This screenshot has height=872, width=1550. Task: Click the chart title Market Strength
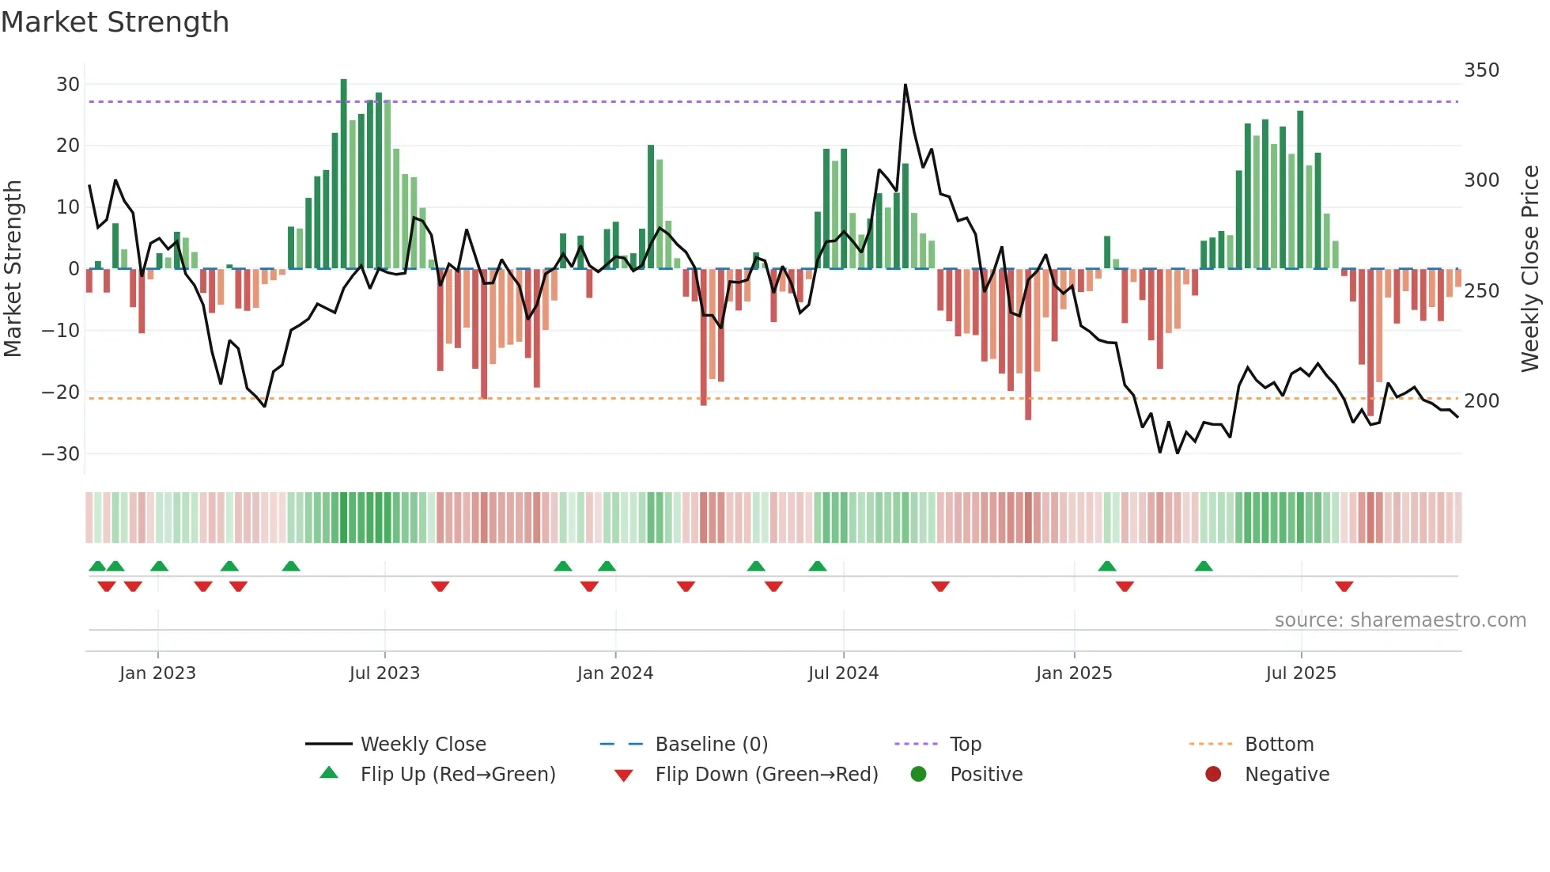(x=115, y=22)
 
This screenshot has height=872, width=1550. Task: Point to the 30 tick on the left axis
(x=68, y=85)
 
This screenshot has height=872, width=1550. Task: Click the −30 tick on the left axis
(x=61, y=454)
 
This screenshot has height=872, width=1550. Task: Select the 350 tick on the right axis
(x=1481, y=70)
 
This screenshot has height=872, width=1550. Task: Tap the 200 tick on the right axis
(x=1481, y=401)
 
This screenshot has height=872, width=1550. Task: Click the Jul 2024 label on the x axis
(x=843, y=673)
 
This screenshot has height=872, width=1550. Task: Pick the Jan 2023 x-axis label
(x=157, y=673)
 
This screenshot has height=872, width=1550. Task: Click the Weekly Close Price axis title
(x=1530, y=269)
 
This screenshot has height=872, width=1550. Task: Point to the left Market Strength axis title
(x=13, y=269)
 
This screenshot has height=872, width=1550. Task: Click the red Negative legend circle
(x=1213, y=775)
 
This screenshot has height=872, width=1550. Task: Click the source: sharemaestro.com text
(x=1400, y=620)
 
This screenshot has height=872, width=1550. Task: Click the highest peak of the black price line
(x=905, y=85)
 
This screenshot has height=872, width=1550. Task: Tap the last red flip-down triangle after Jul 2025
(x=1344, y=586)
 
